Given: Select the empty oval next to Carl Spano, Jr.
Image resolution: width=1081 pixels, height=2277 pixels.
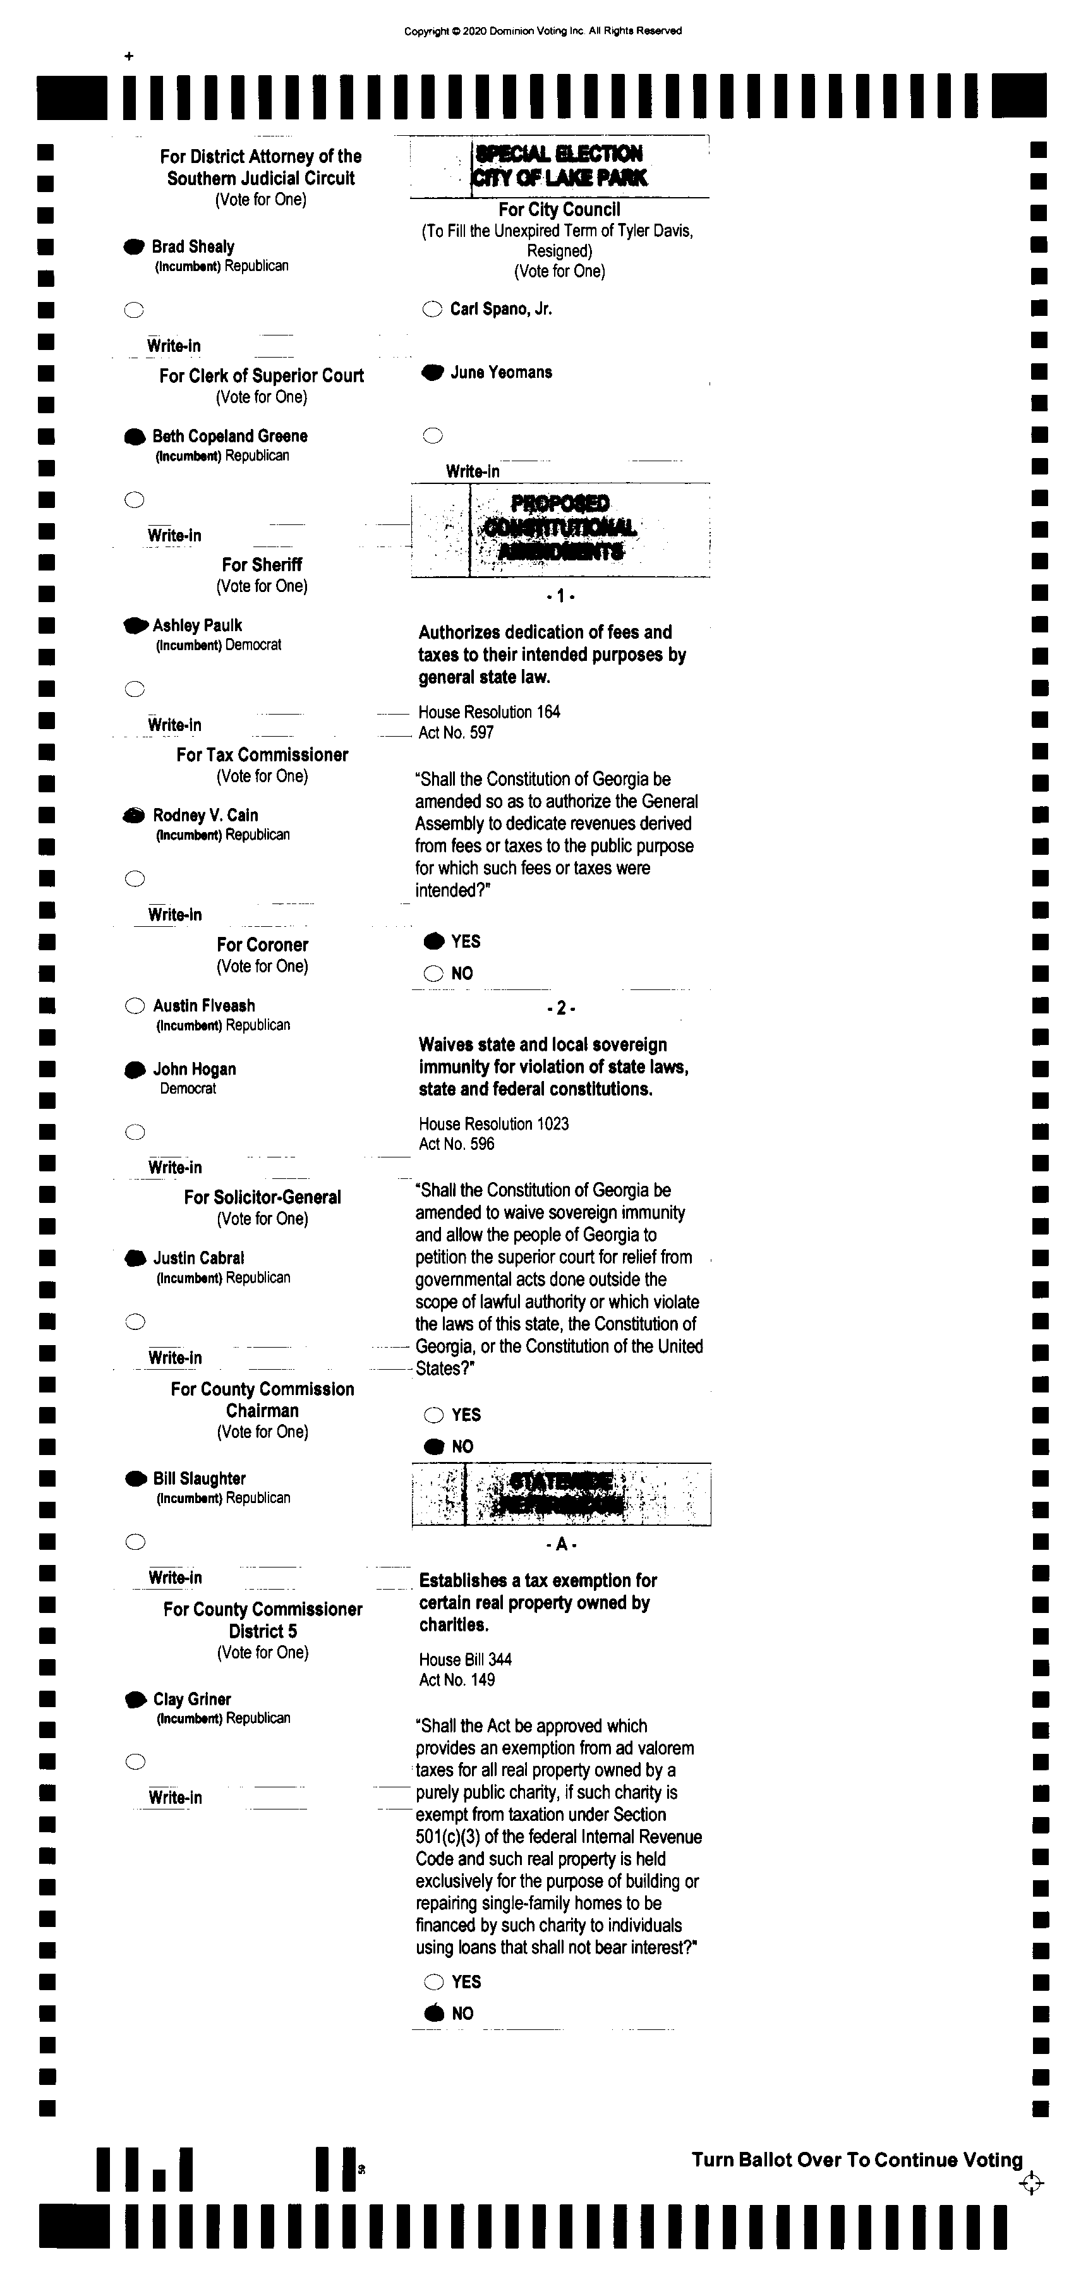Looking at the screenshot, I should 432,310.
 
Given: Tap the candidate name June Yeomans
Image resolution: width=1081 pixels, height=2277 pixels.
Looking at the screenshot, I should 500,373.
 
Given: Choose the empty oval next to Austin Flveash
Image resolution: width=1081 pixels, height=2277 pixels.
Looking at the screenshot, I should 135,1006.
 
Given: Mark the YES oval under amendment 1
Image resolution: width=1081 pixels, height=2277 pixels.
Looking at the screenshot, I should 434,941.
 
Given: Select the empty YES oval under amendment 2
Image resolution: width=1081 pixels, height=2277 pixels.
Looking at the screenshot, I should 433,1415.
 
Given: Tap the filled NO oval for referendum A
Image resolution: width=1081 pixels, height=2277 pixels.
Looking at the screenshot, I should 434,2014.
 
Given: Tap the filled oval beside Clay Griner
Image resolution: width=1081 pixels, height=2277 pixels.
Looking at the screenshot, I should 135,1700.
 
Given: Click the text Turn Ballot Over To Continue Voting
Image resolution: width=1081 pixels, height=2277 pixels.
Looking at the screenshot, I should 857,2160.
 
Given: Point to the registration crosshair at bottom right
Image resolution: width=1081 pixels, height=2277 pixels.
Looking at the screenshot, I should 1030,2183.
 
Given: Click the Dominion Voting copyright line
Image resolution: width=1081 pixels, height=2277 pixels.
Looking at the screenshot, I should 543,31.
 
